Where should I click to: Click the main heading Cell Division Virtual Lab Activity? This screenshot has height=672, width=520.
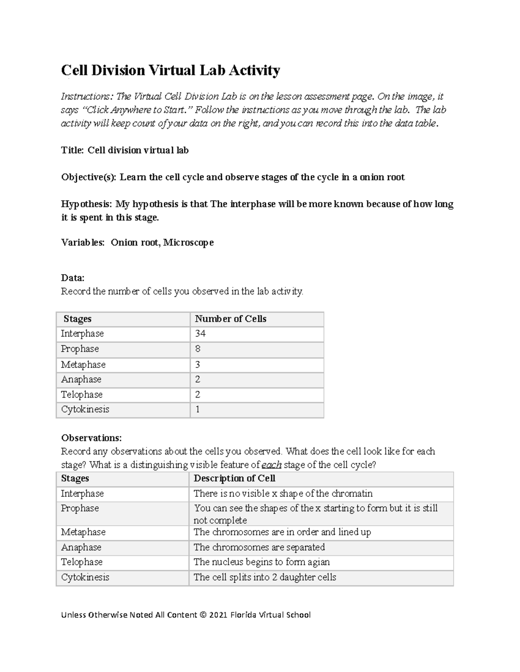click(x=170, y=70)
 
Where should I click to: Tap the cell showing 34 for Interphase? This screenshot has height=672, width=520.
click(x=200, y=334)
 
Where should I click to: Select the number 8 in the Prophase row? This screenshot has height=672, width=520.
click(x=198, y=349)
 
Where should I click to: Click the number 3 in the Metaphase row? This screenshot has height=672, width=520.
click(x=198, y=364)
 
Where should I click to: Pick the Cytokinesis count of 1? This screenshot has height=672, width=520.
click(x=198, y=409)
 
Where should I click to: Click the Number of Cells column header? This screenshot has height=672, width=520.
click(x=230, y=319)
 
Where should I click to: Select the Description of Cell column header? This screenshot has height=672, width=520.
click(x=234, y=478)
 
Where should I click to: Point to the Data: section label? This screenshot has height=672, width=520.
click(x=72, y=278)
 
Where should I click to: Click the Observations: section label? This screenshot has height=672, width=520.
click(x=91, y=437)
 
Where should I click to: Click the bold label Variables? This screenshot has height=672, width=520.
click(x=83, y=242)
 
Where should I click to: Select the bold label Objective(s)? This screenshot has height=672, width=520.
click(x=88, y=177)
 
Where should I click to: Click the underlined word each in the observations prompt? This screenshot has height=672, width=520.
click(x=272, y=465)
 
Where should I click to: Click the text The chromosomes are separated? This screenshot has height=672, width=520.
click(x=259, y=547)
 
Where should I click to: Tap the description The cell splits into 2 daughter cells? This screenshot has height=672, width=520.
click(x=265, y=577)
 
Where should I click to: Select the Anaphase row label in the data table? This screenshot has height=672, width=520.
click(x=81, y=379)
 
